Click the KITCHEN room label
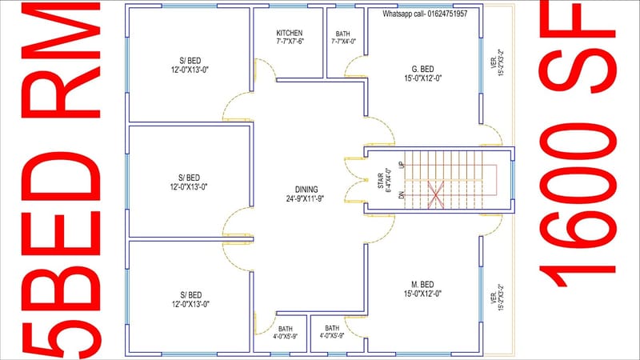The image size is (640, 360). pos(289,33)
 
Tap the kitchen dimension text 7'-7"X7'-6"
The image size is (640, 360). pos(289,41)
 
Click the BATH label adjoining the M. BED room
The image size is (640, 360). pos(331,328)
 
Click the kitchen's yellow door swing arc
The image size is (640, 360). pos(264,71)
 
